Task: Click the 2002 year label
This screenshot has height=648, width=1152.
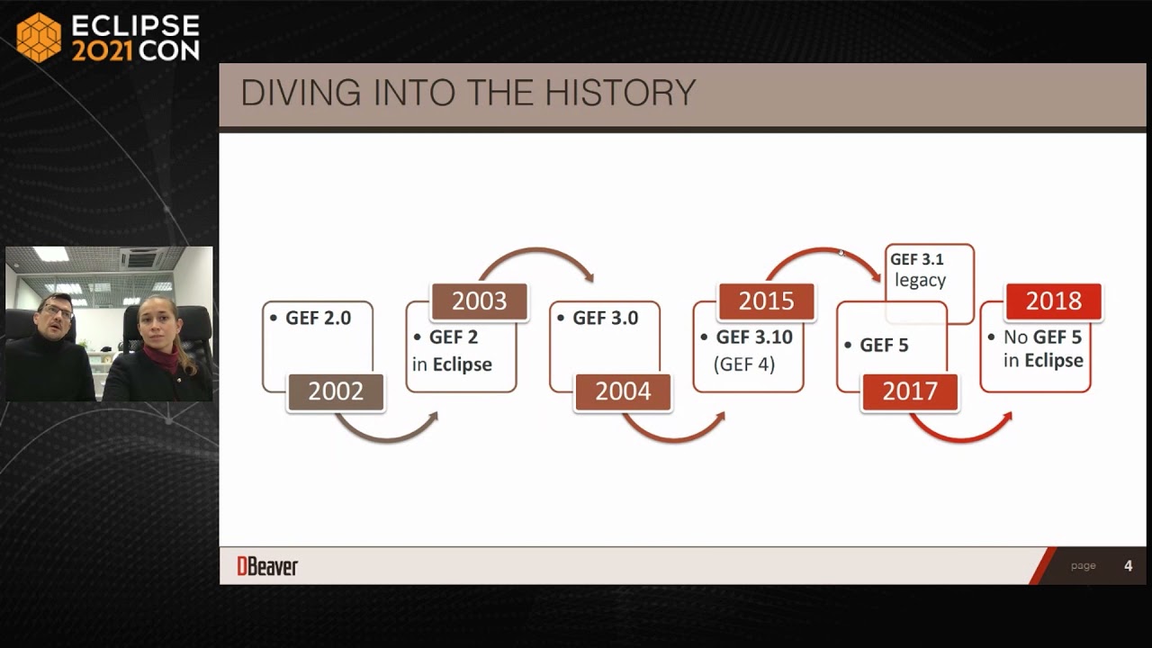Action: tap(336, 392)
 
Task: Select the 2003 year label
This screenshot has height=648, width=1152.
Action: tap(479, 301)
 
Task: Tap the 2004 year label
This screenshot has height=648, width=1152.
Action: tap(623, 392)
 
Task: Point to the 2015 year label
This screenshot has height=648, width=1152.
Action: tap(766, 301)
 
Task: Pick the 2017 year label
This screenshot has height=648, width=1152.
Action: tap(910, 392)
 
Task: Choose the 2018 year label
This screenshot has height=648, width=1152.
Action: tap(1053, 301)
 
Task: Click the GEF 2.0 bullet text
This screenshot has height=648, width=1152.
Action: tap(318, 318)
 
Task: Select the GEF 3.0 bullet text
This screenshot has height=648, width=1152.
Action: tap(605, 318)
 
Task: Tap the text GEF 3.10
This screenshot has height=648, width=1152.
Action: tap(754, 337)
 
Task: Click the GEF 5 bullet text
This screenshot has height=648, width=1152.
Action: tap(884, 346)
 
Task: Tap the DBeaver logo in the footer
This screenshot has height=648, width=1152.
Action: tap(267, 566)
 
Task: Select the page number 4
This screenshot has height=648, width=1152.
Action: tap(1128, 566)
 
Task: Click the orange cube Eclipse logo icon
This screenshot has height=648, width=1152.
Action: tap(39, 38)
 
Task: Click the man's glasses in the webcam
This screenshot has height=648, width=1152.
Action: tap(58, 311)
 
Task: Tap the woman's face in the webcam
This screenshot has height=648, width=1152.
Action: tap(158, 321)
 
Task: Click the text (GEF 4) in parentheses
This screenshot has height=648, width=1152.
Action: tap(743, 364)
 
